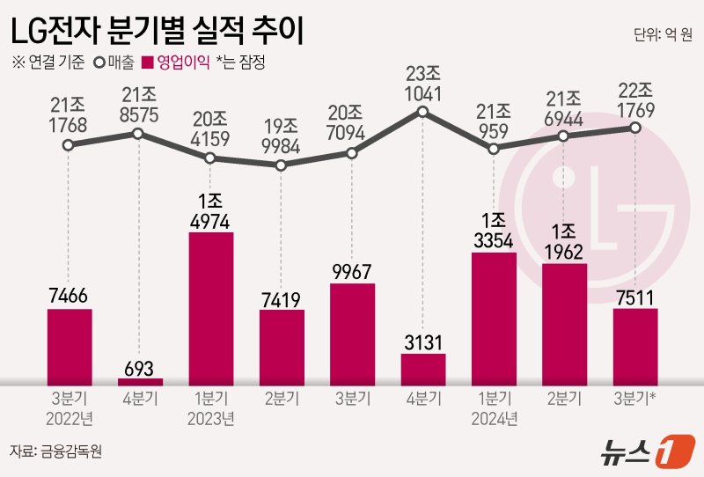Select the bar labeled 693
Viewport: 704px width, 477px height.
[140, 381]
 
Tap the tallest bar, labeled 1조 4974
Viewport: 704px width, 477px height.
[210, 308]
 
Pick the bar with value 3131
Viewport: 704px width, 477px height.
[422, 369]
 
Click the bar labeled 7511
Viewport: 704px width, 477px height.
[634, 346]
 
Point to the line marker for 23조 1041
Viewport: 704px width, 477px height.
[422, 112]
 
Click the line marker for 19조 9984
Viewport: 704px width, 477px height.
[281, 165]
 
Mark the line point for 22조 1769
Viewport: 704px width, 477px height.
[634, 128]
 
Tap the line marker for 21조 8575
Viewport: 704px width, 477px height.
[138, 133]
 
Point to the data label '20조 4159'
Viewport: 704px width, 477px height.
[209, 128]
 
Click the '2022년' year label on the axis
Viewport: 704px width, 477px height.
[70, 416]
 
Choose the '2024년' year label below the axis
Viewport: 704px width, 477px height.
[493, 416]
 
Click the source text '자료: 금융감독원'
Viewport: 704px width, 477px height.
[57, 451]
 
